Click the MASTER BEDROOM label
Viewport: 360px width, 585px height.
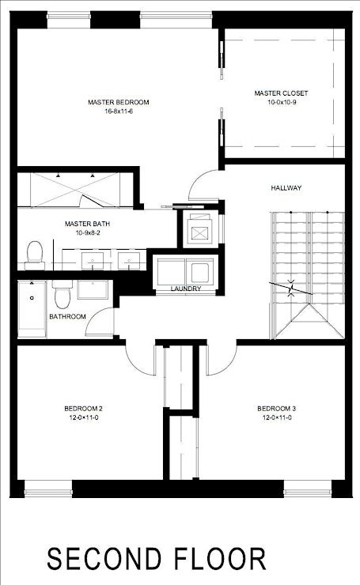[x=119, y=102]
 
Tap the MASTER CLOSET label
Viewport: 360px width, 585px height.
[x=281, y=93]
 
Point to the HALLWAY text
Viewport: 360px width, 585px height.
[x=286, y=187]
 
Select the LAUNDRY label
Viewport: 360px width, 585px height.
[x=186, y=289]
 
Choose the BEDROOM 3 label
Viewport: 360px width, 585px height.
[x=277, y=409]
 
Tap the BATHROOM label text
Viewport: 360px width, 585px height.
[x=67, y=316]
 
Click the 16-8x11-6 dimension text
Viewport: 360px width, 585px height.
[x=119, y=111]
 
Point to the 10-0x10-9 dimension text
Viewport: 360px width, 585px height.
[x=282, y=102]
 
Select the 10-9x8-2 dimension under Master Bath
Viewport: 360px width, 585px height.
[x=87, y=232]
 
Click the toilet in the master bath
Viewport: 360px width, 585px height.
[x=35, y=255]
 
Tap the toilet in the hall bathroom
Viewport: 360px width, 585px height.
[x=63, y=294]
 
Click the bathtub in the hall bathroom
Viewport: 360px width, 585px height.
[x=32, y=309]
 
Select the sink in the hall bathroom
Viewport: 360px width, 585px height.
[x=93, y=290]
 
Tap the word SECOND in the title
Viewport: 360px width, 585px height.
[x=104, y=558]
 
